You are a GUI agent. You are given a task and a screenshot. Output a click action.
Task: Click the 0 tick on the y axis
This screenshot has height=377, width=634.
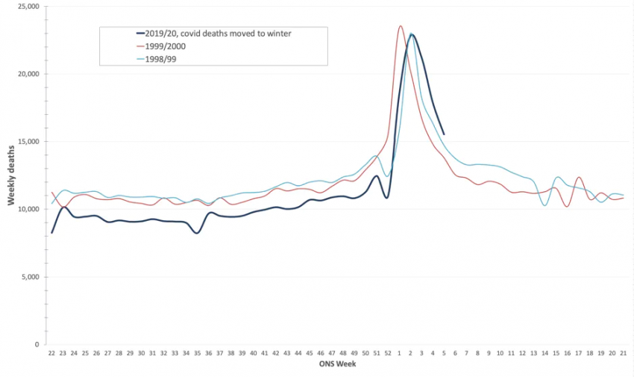tap(37, 345)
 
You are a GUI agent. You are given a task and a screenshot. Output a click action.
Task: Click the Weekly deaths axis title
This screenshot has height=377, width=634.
tap(12, 175)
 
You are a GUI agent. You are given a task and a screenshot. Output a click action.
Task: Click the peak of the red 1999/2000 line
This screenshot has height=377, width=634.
tap(401, 26)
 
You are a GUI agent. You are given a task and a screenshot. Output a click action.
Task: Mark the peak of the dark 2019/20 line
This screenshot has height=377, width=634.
tap(411, 34)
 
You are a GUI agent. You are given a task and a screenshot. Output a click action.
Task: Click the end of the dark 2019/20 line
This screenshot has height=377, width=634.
tap(444, 134)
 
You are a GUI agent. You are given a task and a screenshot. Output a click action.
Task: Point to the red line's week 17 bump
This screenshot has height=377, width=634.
tap(579, 178)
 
